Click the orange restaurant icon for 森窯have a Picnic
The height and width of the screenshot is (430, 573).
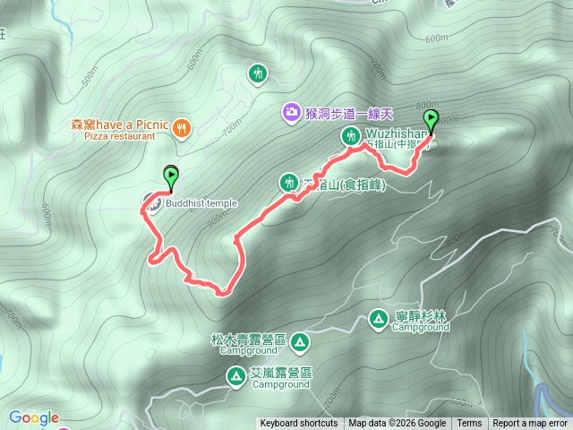[x=181, y=127]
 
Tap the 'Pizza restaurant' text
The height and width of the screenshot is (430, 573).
[x=119, y=137]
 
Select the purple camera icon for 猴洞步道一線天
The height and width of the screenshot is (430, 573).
[x=291, y=112]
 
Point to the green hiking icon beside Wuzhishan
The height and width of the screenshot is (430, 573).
[x=349, y=136]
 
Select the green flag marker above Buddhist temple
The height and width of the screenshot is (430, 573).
[x=170, y=177]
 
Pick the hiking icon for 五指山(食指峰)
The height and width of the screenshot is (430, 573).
[x=288, y=183]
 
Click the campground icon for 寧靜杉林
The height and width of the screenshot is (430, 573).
[x=379, y=318]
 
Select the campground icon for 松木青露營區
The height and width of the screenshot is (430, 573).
[x=298, y=341]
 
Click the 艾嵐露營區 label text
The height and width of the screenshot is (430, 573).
[x=280, y=373]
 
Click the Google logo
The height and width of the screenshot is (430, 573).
[x=33, y=417]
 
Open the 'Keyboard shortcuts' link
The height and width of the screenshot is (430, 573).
[x=299, y=424]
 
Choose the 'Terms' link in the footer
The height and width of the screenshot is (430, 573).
[x=469, y=424]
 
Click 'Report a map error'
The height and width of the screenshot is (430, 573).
[x=530, y=424]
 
